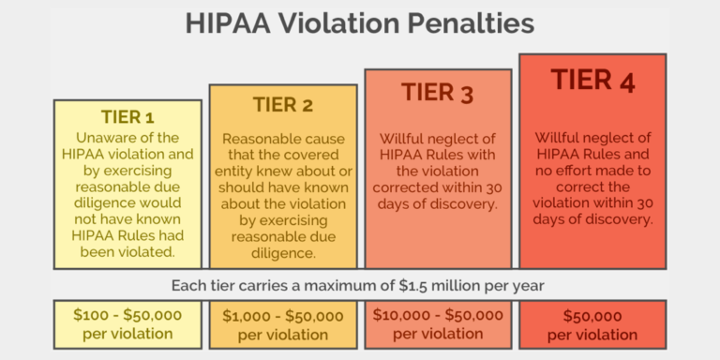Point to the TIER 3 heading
pyautogui.click(x=438, y=92)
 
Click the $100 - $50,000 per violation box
pyautogui.click(x=127, y=323)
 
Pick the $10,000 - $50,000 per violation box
pyautogui.click(x=438, y=323)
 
